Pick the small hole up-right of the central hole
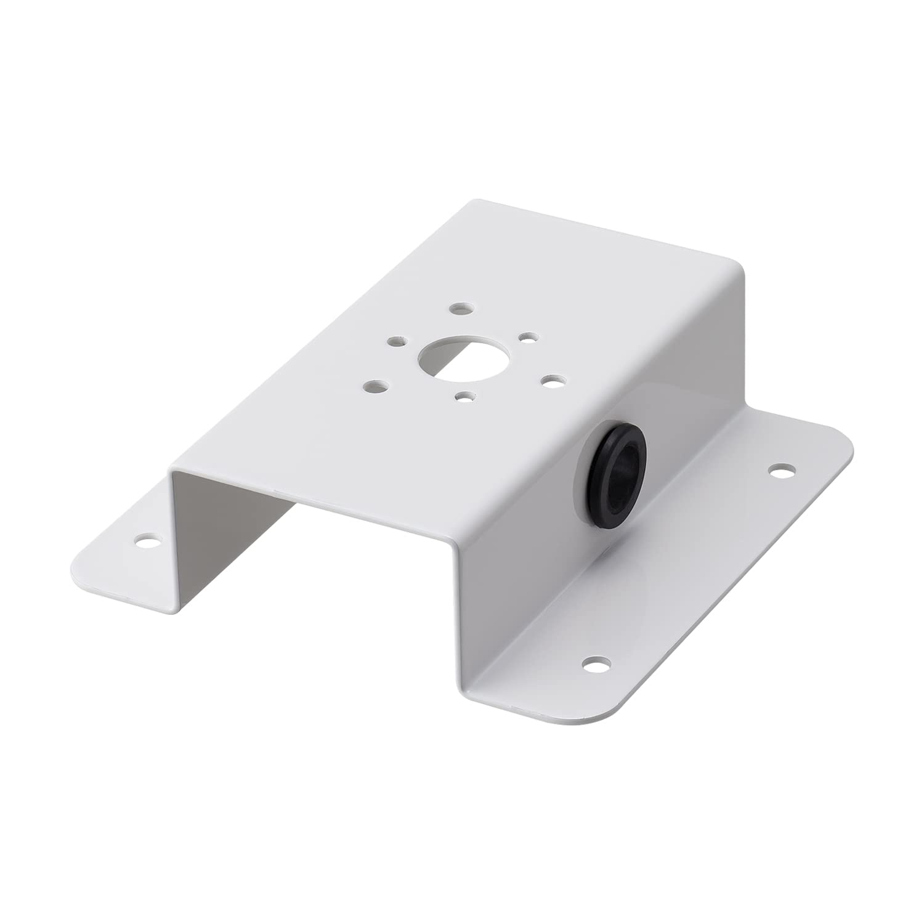pyautogui.click(x=527, y=337)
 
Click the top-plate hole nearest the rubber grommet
pyautogui.click(x=550, y=381)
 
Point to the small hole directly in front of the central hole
pyautogui.click(x=466, y=397)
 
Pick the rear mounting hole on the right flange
pyautogui.click(x=782, y=471)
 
